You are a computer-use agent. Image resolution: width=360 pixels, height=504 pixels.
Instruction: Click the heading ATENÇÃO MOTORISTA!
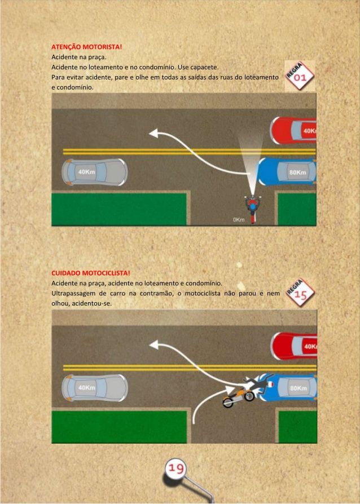[87, 47]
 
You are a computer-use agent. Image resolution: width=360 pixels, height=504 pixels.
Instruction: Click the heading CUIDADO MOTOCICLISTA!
[91, 273]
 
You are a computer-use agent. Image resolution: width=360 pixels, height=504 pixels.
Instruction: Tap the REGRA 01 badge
[300, 76]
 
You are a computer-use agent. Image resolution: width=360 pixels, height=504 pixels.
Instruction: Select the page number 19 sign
[175, 468]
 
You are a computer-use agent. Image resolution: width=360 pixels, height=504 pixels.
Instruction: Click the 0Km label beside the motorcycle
[239, 219]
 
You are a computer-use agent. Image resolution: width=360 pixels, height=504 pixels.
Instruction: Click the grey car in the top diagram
[95, 172]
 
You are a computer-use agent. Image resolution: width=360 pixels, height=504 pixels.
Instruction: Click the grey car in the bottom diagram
[95, 388]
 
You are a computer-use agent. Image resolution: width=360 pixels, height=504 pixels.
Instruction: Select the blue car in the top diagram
[286, 171]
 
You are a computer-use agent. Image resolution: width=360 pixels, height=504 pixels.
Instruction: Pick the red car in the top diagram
[293, 130]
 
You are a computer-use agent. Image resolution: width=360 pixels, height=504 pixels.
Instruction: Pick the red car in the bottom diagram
[294, 346]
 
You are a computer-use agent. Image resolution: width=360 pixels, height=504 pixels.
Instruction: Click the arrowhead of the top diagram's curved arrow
[154, 132]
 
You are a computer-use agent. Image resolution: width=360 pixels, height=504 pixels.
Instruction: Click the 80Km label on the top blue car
[297, 173]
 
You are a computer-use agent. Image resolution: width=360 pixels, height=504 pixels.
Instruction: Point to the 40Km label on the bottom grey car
[86, 388]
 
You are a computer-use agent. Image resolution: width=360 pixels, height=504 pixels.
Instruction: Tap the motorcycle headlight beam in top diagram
[252, 164]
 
